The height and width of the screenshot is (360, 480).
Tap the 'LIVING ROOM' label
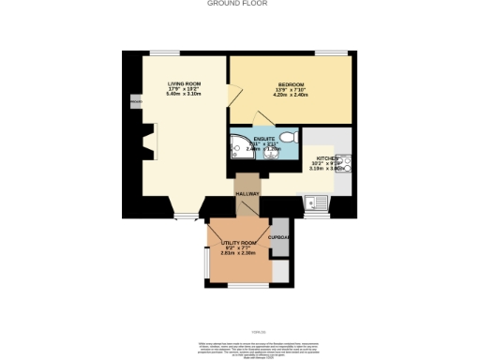pyautogui.click(x=185, y=83)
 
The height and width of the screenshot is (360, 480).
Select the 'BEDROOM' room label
pyautogui.click(x=292, y=83)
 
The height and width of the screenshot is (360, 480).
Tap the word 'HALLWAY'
pyautogui.click(x=247, y=194)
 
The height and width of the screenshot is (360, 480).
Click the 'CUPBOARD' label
pyautogui.click(x=279, y=237)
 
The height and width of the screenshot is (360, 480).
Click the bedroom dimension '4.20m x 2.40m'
pyautogui.click(x=292, y=95)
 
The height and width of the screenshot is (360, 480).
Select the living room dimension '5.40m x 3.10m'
pyautogui.click(x=185, y=95)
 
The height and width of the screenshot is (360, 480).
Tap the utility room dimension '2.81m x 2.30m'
pyautogui.click(x=238, y=253)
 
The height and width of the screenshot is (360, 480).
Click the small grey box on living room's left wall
pyautogui.click(x=136, y=101)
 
